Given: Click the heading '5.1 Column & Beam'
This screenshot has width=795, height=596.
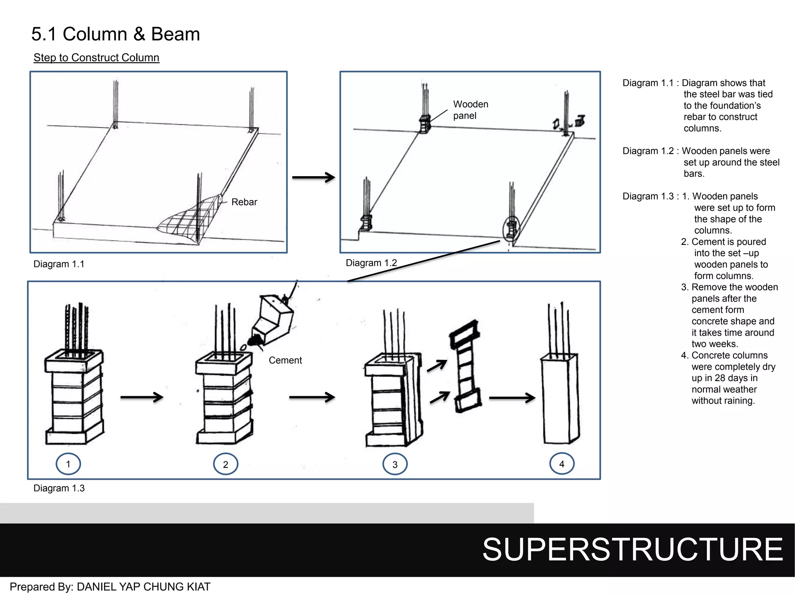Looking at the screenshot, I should pos(115,34).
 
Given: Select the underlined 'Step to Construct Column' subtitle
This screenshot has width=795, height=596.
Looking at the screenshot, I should pos(96,57).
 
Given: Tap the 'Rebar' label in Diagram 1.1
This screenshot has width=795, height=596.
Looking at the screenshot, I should pos(244,202).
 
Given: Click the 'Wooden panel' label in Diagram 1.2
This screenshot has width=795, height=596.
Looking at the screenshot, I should pos(470,110).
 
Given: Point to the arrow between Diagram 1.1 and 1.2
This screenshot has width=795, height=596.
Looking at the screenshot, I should pos(313,177).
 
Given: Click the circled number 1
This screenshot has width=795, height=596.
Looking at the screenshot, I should pos(68,464).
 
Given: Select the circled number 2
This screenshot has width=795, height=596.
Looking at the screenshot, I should pos(226,464).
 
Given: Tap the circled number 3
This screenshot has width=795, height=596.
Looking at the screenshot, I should pos(395,464).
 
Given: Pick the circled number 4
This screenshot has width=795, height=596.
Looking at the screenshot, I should pos(562,464).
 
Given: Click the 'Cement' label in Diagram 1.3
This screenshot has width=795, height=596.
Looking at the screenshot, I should pos(285,360).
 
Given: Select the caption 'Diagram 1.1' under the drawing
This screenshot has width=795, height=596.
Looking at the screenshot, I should pos(59,264).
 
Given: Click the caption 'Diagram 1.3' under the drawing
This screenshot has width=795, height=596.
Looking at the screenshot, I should pos(59,488).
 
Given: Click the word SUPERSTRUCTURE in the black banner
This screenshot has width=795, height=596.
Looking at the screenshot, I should pos(632,549).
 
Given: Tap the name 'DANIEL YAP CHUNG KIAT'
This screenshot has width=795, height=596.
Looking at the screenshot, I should pos(144,587).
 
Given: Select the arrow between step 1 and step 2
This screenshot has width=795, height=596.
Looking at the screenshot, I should pos(142,397).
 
